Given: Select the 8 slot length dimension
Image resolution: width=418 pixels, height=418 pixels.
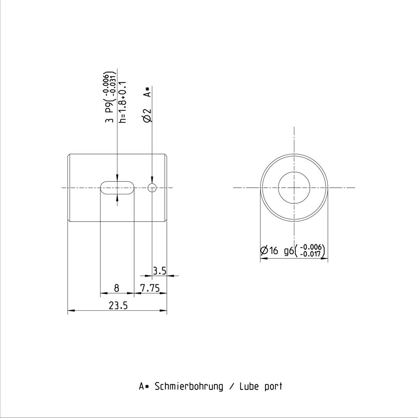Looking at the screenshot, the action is point(117,288).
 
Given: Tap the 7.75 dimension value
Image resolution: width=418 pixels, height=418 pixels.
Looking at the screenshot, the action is point(150,288).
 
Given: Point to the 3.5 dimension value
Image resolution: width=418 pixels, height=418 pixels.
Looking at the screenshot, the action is point(160,271).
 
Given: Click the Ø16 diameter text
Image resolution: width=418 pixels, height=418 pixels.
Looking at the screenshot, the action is point(269,251).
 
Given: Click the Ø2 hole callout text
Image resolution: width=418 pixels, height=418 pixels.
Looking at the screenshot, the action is point(147,116).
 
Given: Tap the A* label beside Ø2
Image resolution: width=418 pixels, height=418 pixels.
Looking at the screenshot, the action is point(147,92).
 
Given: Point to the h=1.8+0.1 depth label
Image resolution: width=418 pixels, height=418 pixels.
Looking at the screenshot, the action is point(123,102).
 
